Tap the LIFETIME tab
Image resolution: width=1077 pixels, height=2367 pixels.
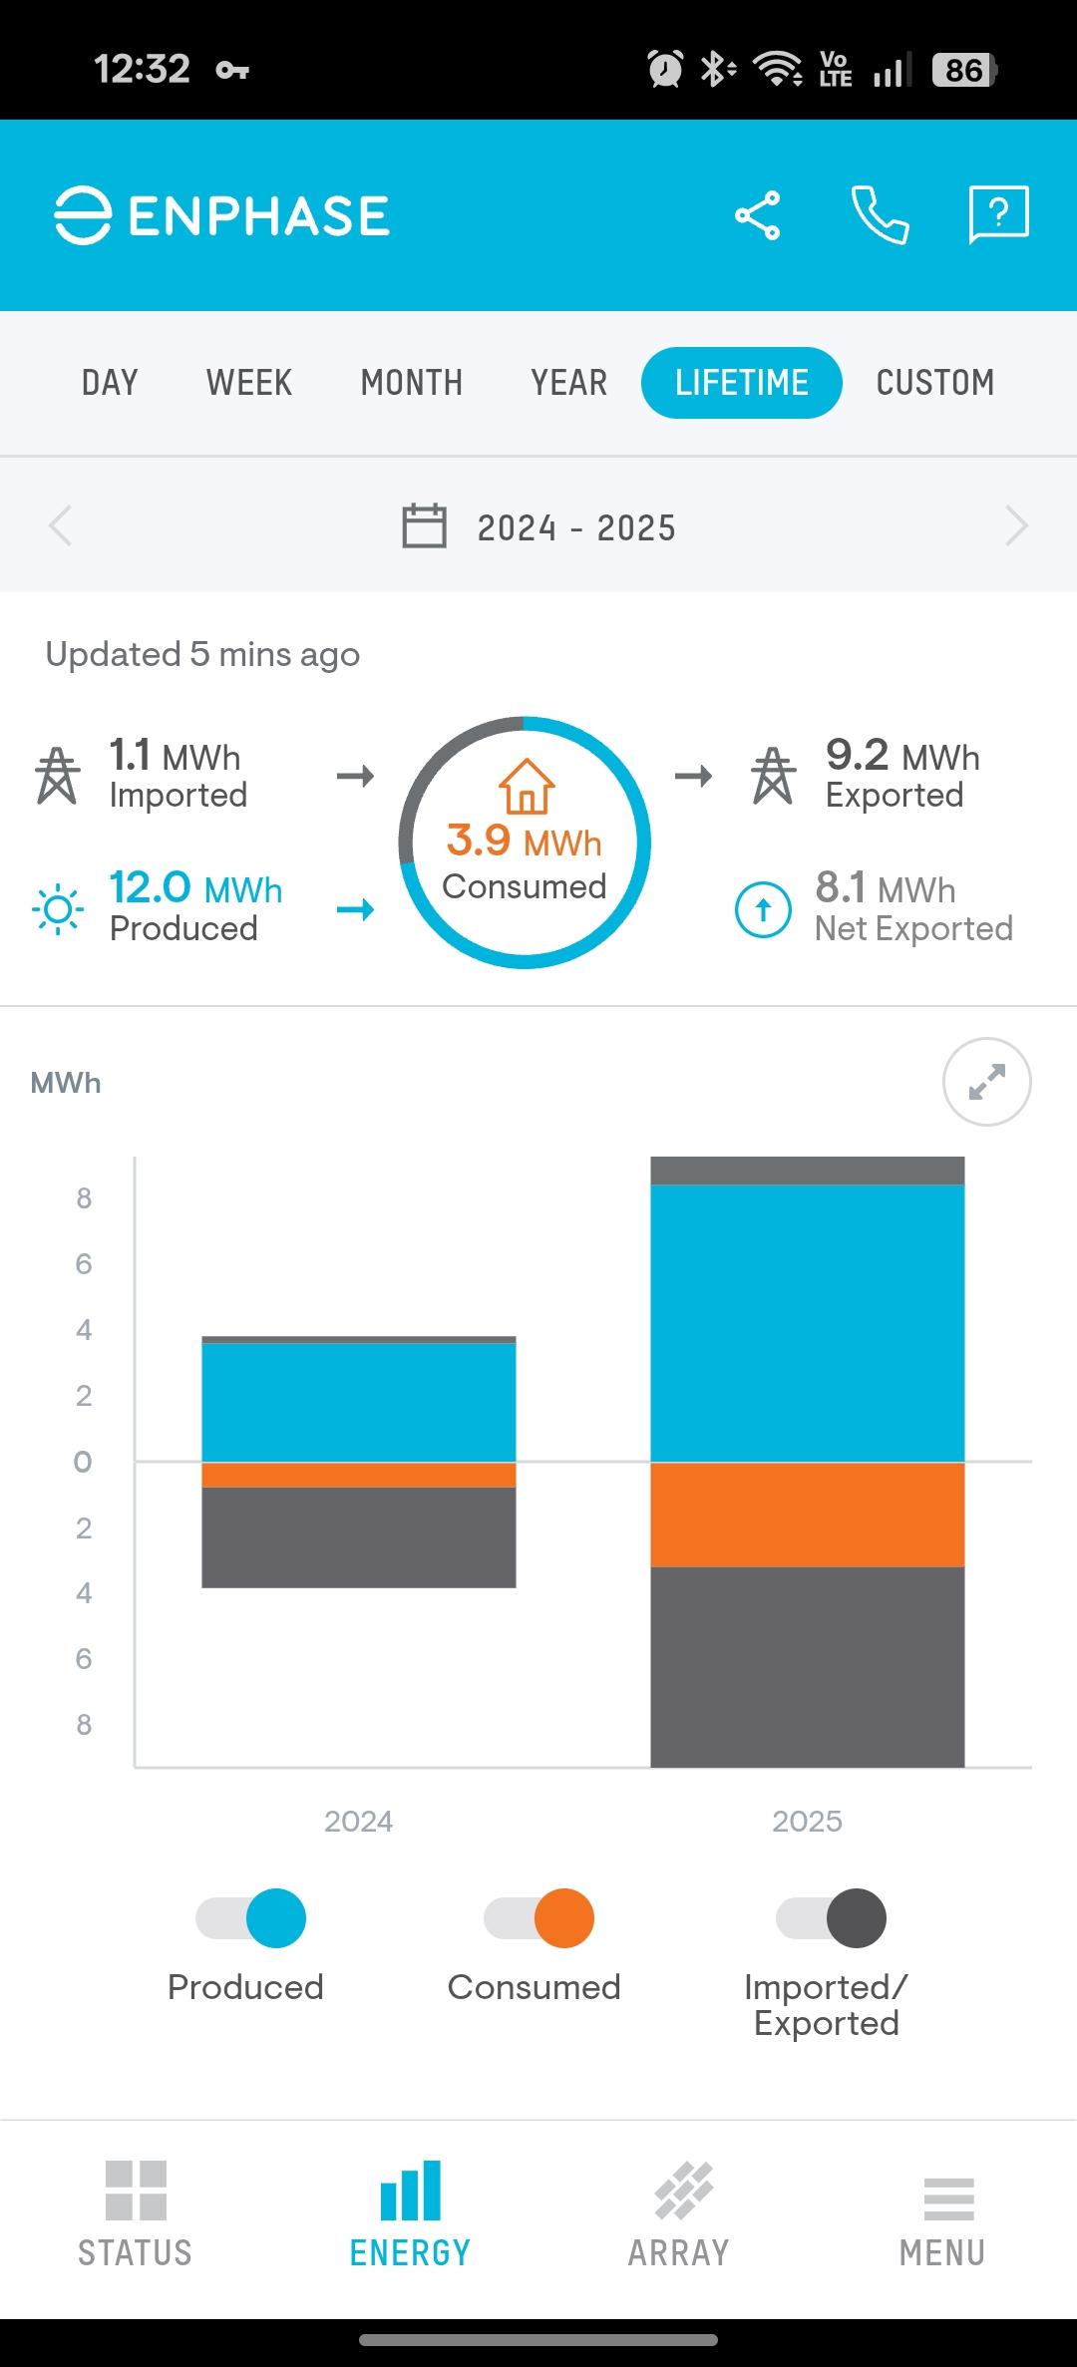(741, 383)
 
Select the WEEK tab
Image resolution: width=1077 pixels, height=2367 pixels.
(249, 383)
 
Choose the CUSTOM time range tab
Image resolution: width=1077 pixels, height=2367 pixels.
(934, 383)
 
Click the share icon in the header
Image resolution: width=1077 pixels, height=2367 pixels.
(758, 215)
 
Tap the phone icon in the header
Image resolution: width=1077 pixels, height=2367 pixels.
(880, 214)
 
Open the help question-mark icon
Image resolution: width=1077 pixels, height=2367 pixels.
(998, 213)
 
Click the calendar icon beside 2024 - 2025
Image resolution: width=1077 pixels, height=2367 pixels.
(424, 526)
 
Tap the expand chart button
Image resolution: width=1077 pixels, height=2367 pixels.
(986, 1082)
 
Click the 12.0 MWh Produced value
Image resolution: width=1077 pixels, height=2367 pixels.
(195, 887)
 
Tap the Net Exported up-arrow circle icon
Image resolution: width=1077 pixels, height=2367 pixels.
(763, 909)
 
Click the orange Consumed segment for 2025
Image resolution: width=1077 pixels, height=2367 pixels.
(807, 1515)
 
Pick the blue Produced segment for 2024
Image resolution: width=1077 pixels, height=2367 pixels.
(358, 1402)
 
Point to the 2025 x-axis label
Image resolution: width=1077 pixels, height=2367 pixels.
(807, 1822)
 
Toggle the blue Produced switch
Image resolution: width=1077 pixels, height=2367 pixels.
(251, 1918)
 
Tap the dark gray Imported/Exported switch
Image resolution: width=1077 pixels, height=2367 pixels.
(831, 1918)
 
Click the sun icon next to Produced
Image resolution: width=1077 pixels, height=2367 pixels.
(58, 908)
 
